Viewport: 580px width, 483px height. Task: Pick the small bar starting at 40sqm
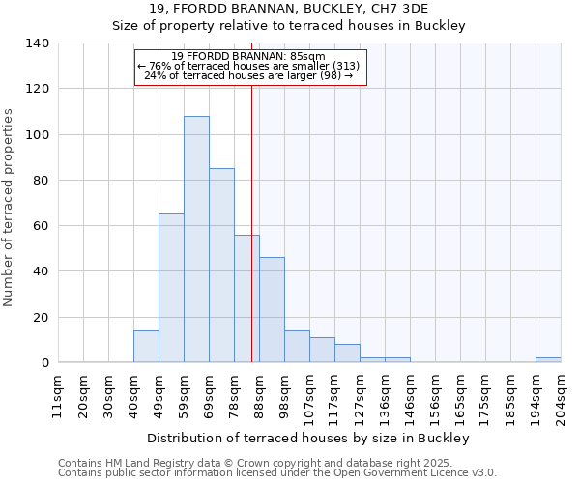[x=146, y=347]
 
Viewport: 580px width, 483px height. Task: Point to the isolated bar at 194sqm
[x=548, y=360]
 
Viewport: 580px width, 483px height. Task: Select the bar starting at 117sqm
[x=347, y=354]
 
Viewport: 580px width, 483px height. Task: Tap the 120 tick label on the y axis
[x=38, y=89]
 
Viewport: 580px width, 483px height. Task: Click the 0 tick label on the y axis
[x=44, y=363]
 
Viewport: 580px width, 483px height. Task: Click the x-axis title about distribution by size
[x=309, y=439]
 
